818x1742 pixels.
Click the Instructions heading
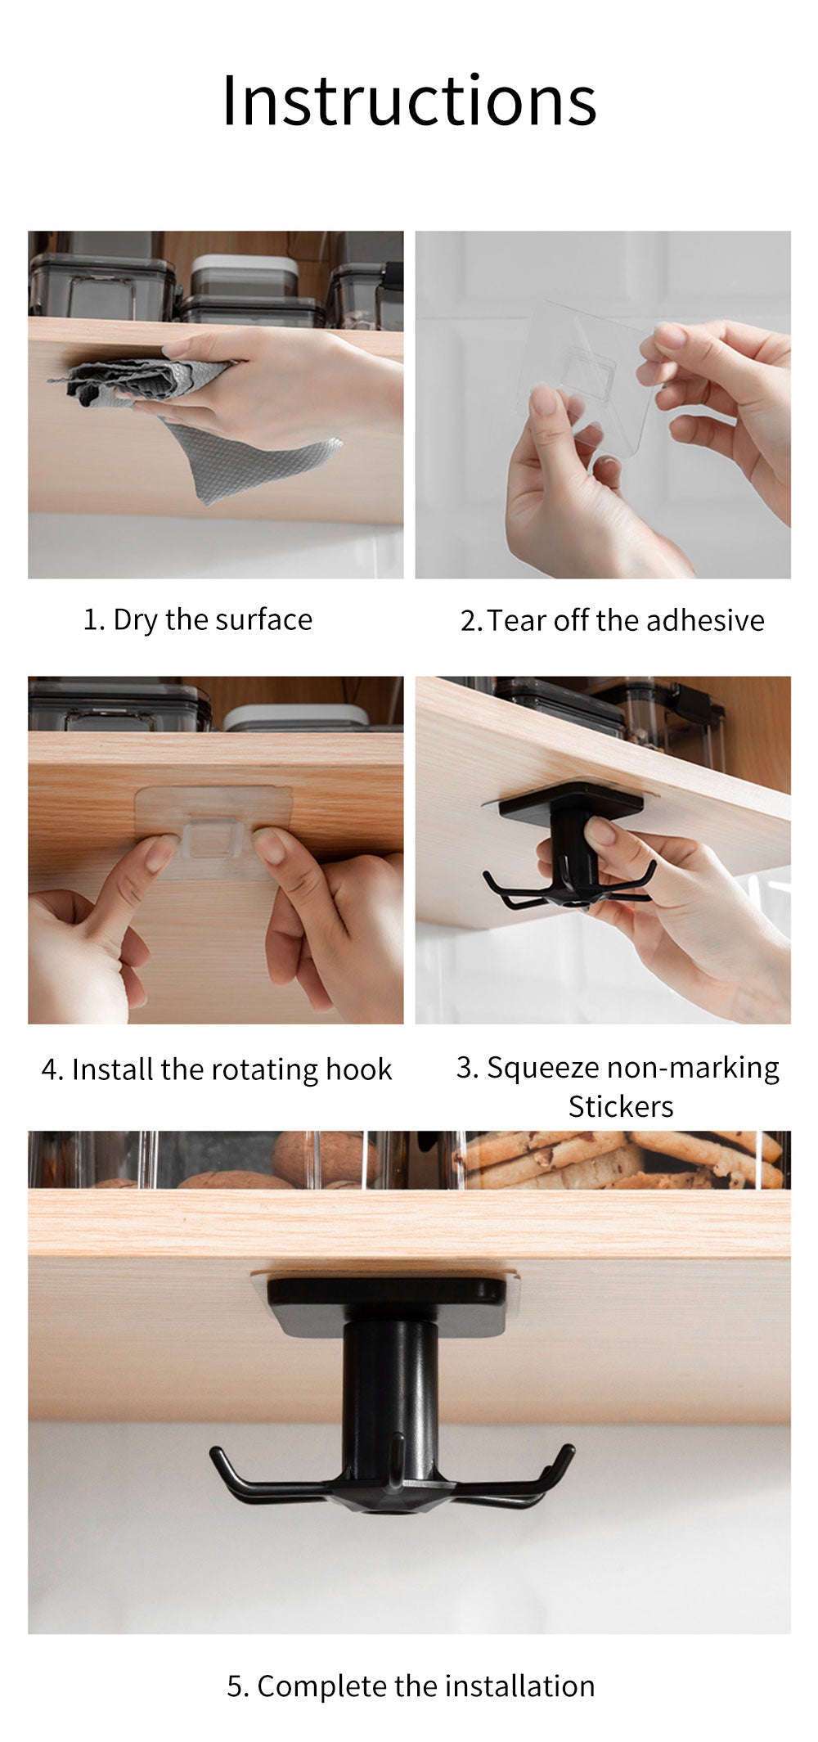[409, 100]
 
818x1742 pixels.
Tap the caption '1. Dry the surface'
[198, 619]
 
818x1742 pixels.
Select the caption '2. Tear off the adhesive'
[612, 620]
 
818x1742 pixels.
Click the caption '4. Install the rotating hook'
[217, 1069]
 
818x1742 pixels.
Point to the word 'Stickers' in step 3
[621, 1106]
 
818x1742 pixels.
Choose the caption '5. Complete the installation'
[411, 1686]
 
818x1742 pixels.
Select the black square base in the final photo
[387, 1303]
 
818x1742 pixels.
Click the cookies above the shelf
[622, 1158]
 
